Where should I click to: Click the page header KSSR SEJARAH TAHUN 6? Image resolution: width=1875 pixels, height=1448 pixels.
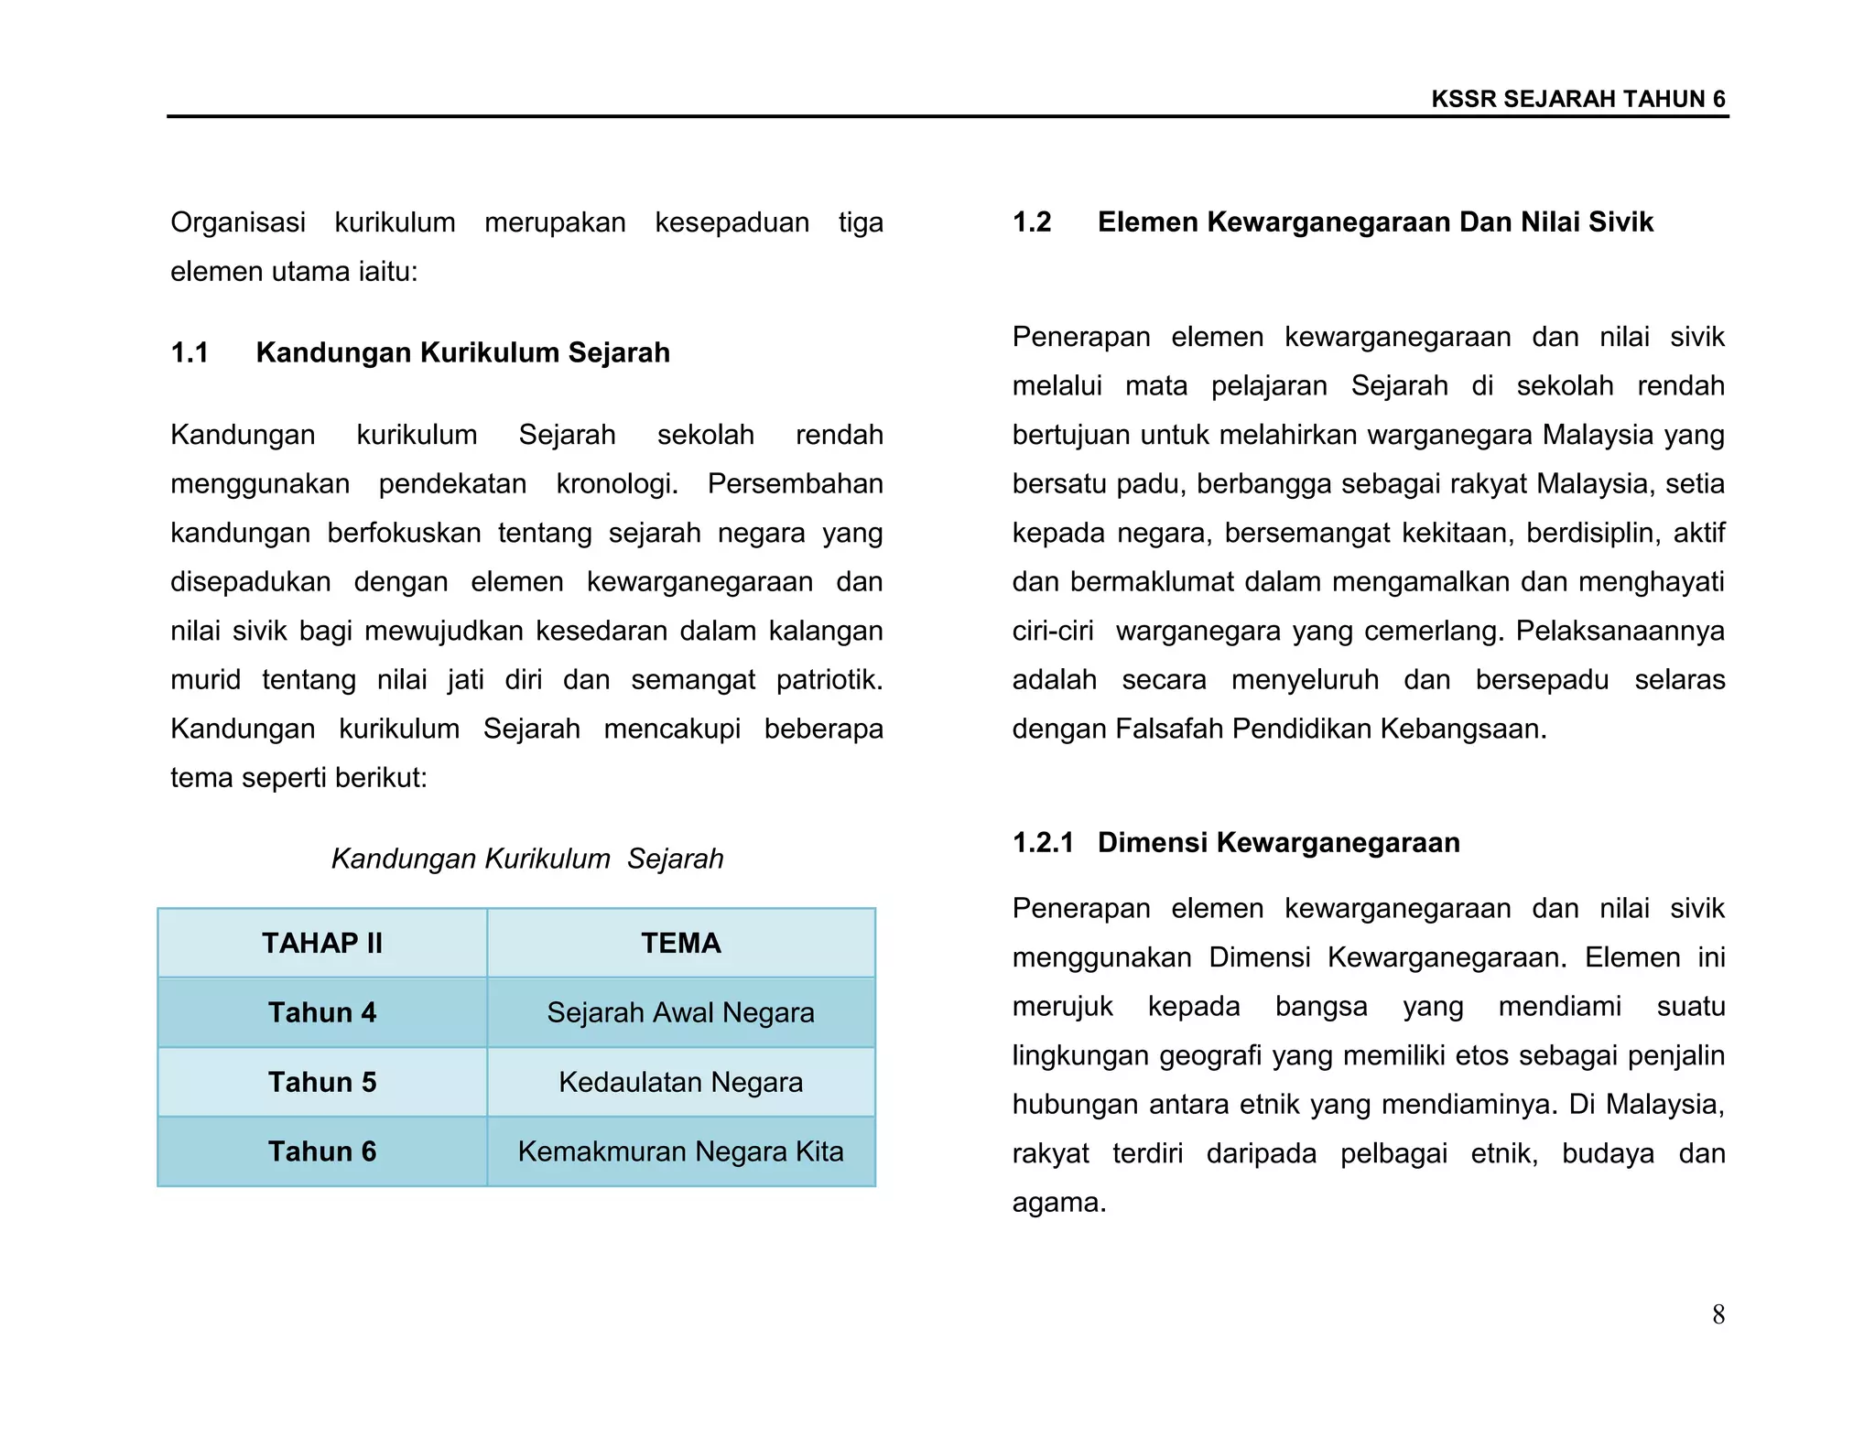pyautogui.click(x=1577, y=99)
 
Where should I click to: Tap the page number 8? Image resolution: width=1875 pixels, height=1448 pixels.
pyautogui.click(x=1718, y=1314)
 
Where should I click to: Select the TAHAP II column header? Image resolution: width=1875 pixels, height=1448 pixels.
pyautogui.click(x=322, y=943)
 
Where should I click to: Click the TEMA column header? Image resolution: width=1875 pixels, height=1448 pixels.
pyautogui.click(x=680, y=943)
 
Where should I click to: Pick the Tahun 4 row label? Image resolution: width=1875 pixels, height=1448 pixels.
pyautogui.click(x=322, y=1012)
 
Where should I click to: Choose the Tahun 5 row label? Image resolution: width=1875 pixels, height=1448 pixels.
pyautogui.click(x=322, y=1082)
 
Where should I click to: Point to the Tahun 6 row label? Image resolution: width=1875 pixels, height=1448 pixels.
pyautogui.click(x=322, y=1151)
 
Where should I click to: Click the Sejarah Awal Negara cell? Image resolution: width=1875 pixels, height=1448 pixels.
pyautogui.click(x=680, y=1012)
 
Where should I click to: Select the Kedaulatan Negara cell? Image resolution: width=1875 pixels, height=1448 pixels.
pyautogui.click(x=680, y=1082)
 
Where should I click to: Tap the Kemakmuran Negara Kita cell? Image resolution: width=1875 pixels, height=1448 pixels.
pyautogui.click(x=680, y=1151)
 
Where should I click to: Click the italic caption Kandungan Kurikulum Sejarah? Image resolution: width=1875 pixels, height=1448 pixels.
pyautogui.click(x=526, y=859)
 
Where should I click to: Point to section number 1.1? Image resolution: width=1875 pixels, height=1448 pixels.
pyautogui.click(x=190, y=352)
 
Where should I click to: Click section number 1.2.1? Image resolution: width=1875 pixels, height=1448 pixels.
pyautogui.click(x=1043, y=842)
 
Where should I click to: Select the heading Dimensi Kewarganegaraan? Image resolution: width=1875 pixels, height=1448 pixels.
pyautogui.click(x=1278, y=842)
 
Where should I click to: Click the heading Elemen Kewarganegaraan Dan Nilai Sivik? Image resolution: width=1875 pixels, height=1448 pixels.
pyautogui.click(x=1375, y=222)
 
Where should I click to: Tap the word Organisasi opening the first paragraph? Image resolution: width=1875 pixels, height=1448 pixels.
pyautogui.click(x=237, y=222)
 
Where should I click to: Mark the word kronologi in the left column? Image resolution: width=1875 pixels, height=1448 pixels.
pyautogui.click(x=616, y=484)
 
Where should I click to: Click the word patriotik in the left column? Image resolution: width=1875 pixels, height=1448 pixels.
pyautogui.click(x=829, y=680)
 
